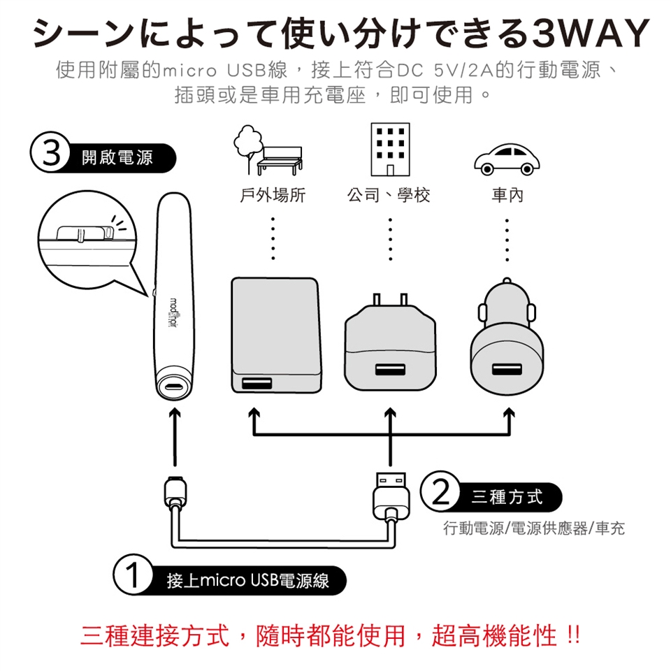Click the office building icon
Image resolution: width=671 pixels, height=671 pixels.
pos(389,150)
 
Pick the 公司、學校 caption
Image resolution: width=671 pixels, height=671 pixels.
pos(389,196)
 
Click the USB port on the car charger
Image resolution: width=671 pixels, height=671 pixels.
pos(506,370)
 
